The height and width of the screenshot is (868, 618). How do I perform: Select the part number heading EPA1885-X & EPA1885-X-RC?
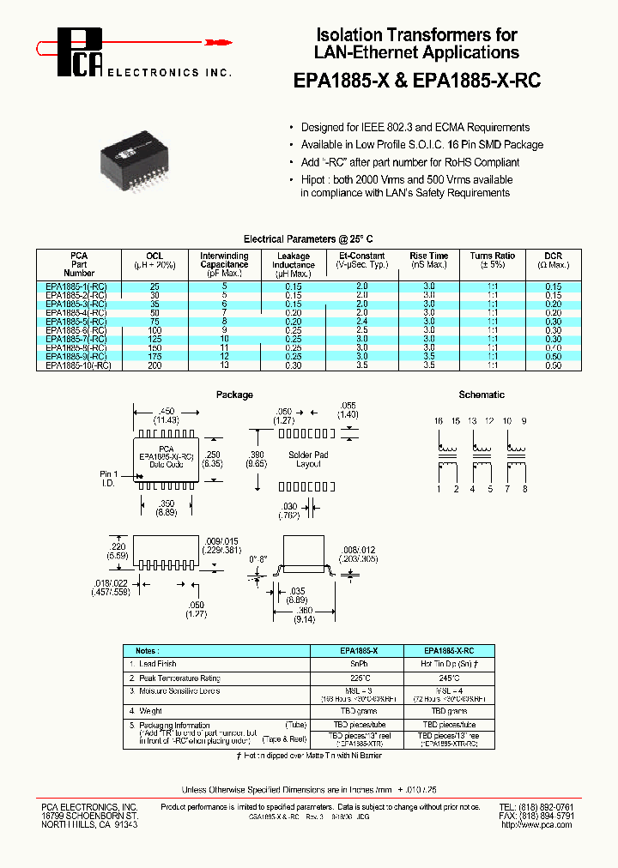416,80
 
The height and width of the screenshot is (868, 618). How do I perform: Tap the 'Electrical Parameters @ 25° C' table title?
309,238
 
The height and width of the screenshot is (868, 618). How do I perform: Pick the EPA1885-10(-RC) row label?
78,365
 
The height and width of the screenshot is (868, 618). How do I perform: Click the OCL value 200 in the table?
154,365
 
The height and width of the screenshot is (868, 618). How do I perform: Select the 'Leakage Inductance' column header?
294,260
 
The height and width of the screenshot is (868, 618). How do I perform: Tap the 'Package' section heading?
234,395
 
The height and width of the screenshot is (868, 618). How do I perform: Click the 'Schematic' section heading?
482,395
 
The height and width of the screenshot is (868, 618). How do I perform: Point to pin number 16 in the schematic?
439,421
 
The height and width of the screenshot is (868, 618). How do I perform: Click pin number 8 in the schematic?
524,488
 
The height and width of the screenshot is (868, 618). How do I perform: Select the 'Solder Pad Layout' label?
308,459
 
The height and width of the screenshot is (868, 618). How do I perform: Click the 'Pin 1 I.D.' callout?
108,479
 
